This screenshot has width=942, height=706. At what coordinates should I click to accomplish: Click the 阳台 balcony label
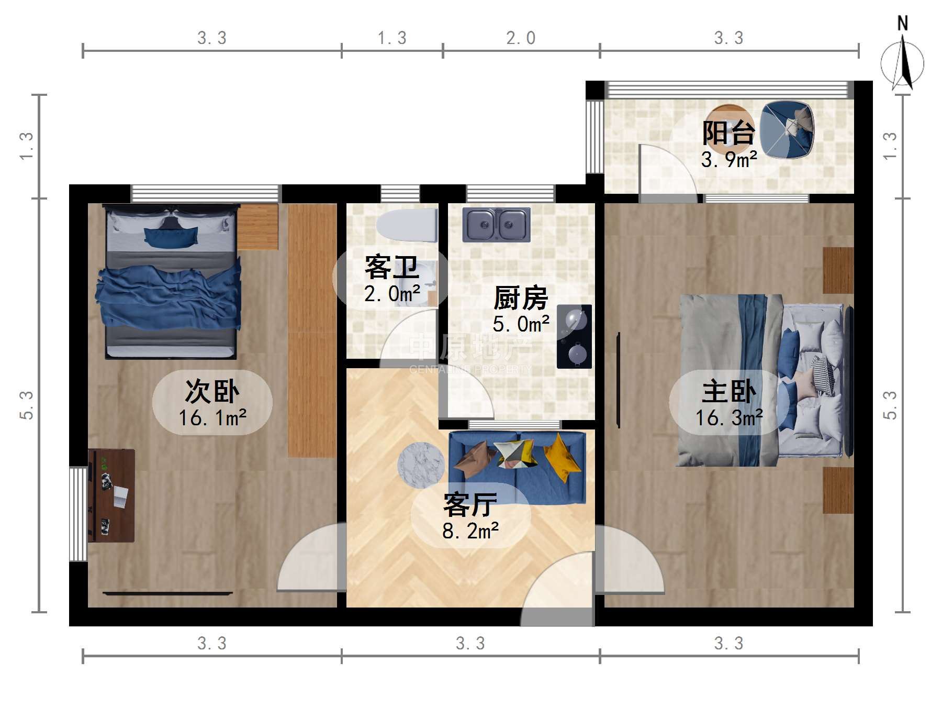pos(728,133)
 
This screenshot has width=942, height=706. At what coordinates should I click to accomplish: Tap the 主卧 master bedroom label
pos(729,391)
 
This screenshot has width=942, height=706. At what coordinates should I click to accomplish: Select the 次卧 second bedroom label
pos(212,391)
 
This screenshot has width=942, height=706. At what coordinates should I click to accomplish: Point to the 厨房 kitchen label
pos(521,298)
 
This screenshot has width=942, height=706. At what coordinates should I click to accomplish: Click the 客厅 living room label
pos(470,505)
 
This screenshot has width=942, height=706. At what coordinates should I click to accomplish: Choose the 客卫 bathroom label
pos(392,268)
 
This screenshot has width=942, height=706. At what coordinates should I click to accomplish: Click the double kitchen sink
pos(496,224)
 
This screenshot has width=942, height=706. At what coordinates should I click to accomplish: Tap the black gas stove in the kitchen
pos(574,336)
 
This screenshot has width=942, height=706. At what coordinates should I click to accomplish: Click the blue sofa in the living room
pos(517,467)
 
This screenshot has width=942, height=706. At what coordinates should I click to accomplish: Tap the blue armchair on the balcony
pos(787,129)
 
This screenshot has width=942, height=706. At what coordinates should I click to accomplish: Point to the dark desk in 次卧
pos(111,495)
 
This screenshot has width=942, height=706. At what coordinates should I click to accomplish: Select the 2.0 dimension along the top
pos(521,38)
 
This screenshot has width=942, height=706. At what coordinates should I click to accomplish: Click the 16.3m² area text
pos(729,418)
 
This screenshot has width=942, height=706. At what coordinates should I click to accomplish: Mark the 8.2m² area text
pos(470,531)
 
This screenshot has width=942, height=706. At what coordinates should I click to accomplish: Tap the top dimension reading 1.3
pos(392,38)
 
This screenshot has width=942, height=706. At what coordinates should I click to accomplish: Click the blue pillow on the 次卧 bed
pos(171,237)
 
